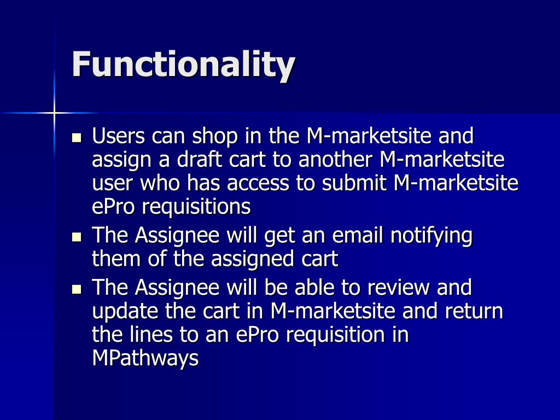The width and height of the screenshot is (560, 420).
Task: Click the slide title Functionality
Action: [x=183, y=65]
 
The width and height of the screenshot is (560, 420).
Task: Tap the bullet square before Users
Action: [x=77, y=137]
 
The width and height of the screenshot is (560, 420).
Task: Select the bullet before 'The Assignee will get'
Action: [x=77, y=237]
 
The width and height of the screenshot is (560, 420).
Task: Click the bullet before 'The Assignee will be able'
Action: [x=77, y=288]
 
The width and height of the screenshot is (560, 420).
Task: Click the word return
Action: [x=474, y=311]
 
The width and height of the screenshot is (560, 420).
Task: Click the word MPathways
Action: [x=145, y=359]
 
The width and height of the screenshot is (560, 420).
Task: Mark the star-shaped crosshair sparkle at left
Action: [x=55, y=113]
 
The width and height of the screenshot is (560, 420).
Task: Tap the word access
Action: [x=258, y=184]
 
